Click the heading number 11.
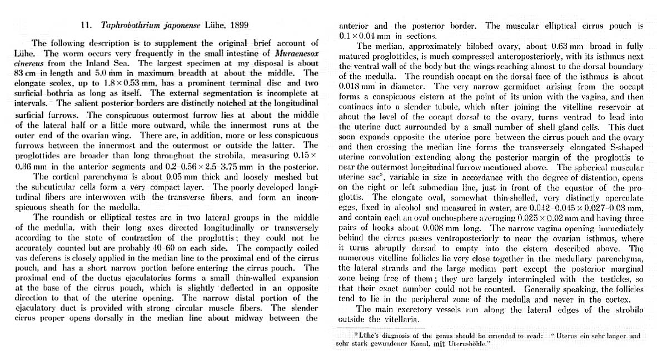pyautogui.click(x=86, y=25)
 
